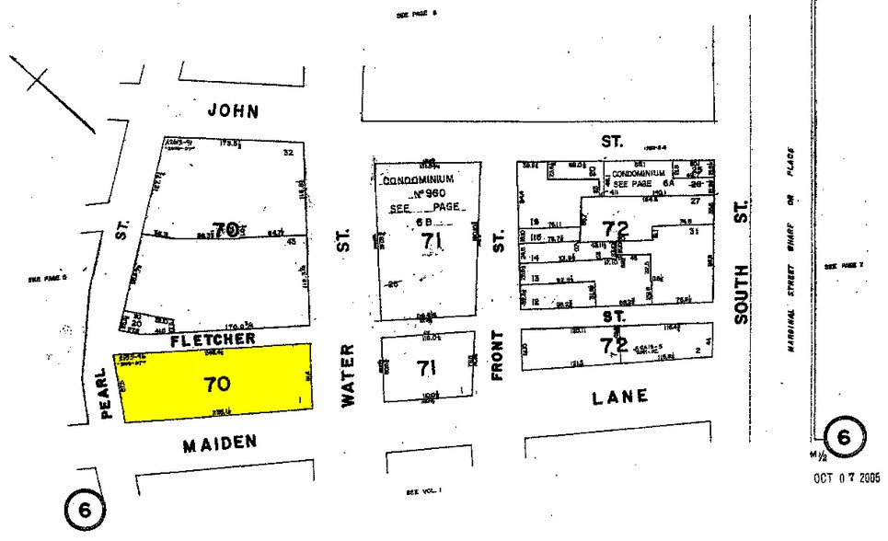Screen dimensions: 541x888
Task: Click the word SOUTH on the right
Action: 742,294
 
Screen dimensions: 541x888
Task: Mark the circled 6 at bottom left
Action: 84,508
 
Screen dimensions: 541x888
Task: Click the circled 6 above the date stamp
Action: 844,436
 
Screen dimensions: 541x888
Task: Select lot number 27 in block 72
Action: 695,200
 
